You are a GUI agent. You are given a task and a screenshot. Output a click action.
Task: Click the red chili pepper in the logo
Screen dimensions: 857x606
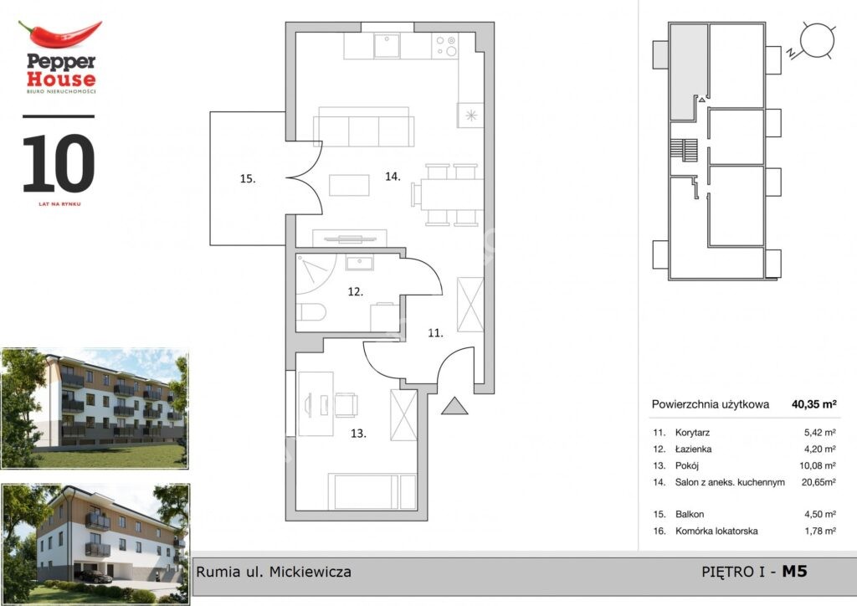click(x=60, y=33)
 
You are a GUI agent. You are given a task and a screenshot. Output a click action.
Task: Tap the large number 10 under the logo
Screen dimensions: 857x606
click(x=59, y=163)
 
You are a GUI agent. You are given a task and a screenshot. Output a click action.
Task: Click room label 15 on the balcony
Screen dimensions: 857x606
click(x=248, y=178)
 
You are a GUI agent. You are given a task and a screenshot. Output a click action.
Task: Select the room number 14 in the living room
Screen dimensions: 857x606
click(x=393, y=177)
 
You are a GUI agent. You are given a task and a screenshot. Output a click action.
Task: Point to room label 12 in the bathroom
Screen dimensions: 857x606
click(x=355, y=292)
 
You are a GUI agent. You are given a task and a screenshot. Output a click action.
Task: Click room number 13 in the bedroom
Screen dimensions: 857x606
click(x=358, y=434)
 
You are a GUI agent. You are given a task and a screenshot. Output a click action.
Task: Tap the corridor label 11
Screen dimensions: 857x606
click(x=435, y=333)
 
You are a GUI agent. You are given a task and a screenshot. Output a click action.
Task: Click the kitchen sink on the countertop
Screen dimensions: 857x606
click(x=387, y=46)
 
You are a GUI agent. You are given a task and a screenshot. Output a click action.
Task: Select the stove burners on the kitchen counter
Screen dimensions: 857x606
click(x=445, y=46)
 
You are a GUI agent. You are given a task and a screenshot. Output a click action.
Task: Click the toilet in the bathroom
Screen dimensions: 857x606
click(x=311, y=312)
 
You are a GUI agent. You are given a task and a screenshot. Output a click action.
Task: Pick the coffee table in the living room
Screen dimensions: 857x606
click(x=349, y=185)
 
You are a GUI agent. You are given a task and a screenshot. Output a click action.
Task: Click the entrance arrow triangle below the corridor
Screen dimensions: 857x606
click(x=454, y=406)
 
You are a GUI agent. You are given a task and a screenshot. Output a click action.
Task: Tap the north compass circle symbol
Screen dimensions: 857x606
click(x=818, y=40)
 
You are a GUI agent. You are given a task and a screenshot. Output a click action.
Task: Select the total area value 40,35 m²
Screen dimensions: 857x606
click(x=813, y=404)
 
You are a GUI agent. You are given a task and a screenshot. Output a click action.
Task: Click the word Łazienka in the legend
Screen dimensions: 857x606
click(x=693, y=449)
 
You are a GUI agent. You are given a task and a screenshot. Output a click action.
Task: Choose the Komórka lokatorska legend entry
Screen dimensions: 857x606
click(x=716, y=531)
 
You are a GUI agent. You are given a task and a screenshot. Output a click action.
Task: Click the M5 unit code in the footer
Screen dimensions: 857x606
click(x=794, y=572)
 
